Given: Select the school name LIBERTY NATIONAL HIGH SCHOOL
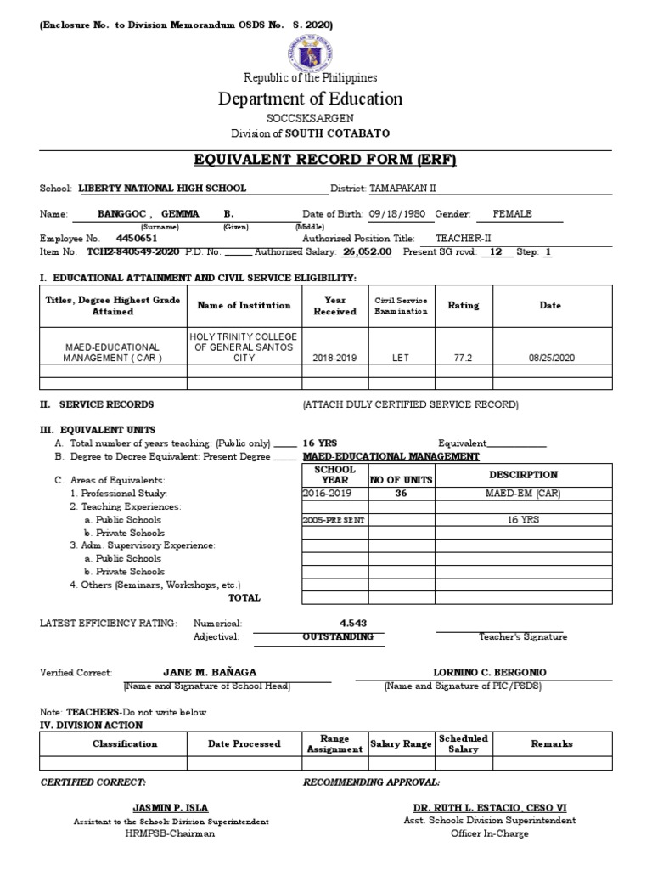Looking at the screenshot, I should (162, 189).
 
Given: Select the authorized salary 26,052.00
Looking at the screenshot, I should (367, 252).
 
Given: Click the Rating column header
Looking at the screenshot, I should (463, 306).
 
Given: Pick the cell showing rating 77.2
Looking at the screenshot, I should (463, 359).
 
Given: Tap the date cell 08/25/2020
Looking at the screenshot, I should (551, 359).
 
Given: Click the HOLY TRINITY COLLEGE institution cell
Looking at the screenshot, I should (244, 347).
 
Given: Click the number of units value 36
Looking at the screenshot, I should (402, 493).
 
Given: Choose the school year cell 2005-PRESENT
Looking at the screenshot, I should (334, 520).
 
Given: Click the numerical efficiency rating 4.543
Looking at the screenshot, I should (353, 623).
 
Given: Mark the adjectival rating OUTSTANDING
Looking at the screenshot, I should (338, 636).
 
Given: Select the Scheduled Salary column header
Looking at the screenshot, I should (463, 743).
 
